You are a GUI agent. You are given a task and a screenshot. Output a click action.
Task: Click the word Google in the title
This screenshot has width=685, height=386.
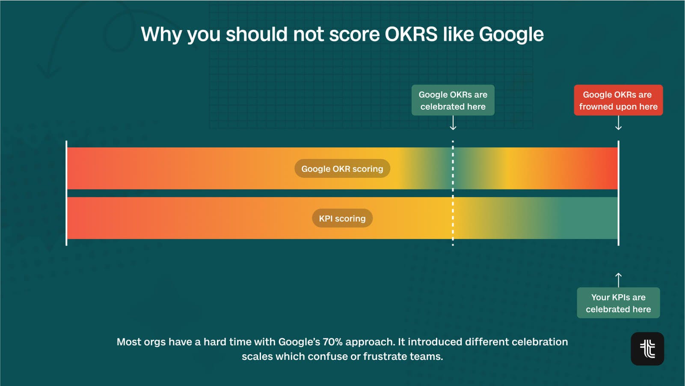coord(511,35)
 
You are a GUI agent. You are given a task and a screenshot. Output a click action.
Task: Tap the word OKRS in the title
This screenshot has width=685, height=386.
coord(411,34)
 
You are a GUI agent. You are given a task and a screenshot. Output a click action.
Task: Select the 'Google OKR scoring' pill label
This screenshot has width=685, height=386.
coord(342,168)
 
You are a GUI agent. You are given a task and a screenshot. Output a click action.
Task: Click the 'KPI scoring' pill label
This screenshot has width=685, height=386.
coord(342,218)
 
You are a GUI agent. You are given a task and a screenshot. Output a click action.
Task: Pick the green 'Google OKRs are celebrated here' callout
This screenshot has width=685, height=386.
coord(453,100)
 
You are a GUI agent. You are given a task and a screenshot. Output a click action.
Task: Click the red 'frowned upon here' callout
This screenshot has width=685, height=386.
coord(618,100)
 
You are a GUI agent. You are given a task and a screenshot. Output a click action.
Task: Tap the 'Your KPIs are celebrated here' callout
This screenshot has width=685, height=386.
coord(618,303)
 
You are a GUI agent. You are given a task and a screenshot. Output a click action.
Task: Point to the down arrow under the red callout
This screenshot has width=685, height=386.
coord(618,123)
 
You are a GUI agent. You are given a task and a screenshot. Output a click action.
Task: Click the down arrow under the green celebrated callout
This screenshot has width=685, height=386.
coord(453,123)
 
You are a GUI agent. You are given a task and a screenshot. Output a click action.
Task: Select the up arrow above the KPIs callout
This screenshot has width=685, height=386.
coord(618,280)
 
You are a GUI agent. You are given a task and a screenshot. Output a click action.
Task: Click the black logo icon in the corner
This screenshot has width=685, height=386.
coord(647,349)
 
